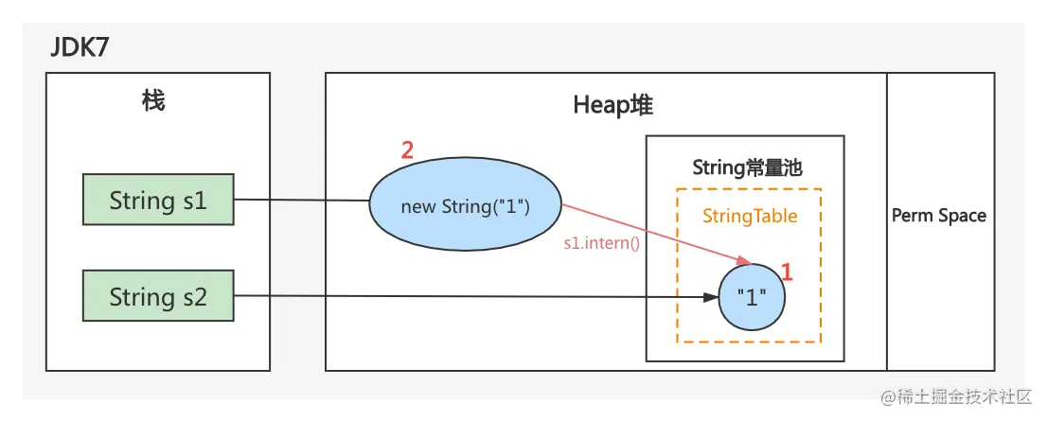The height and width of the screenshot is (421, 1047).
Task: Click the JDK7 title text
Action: [80, 48]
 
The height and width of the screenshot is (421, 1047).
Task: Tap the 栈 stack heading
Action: [153, 100]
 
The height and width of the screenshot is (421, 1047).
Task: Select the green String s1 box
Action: [158, 200]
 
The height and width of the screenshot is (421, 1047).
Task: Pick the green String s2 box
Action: [158, 296]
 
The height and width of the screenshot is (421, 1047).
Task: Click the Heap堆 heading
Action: [612, 105]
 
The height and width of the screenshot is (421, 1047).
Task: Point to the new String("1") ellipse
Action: [464, 205]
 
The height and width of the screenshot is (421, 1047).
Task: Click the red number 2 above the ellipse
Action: [407, 150]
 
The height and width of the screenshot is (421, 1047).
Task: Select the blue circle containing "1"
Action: [752, 295]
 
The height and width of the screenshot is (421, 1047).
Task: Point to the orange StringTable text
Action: [750, 216]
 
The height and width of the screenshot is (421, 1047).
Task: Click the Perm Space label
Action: [939, 216]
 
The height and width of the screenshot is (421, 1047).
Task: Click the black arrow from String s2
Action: [473, 296]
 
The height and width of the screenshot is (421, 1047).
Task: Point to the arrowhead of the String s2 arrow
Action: [712, 297]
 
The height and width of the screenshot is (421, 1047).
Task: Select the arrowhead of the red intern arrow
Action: [744, 262]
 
